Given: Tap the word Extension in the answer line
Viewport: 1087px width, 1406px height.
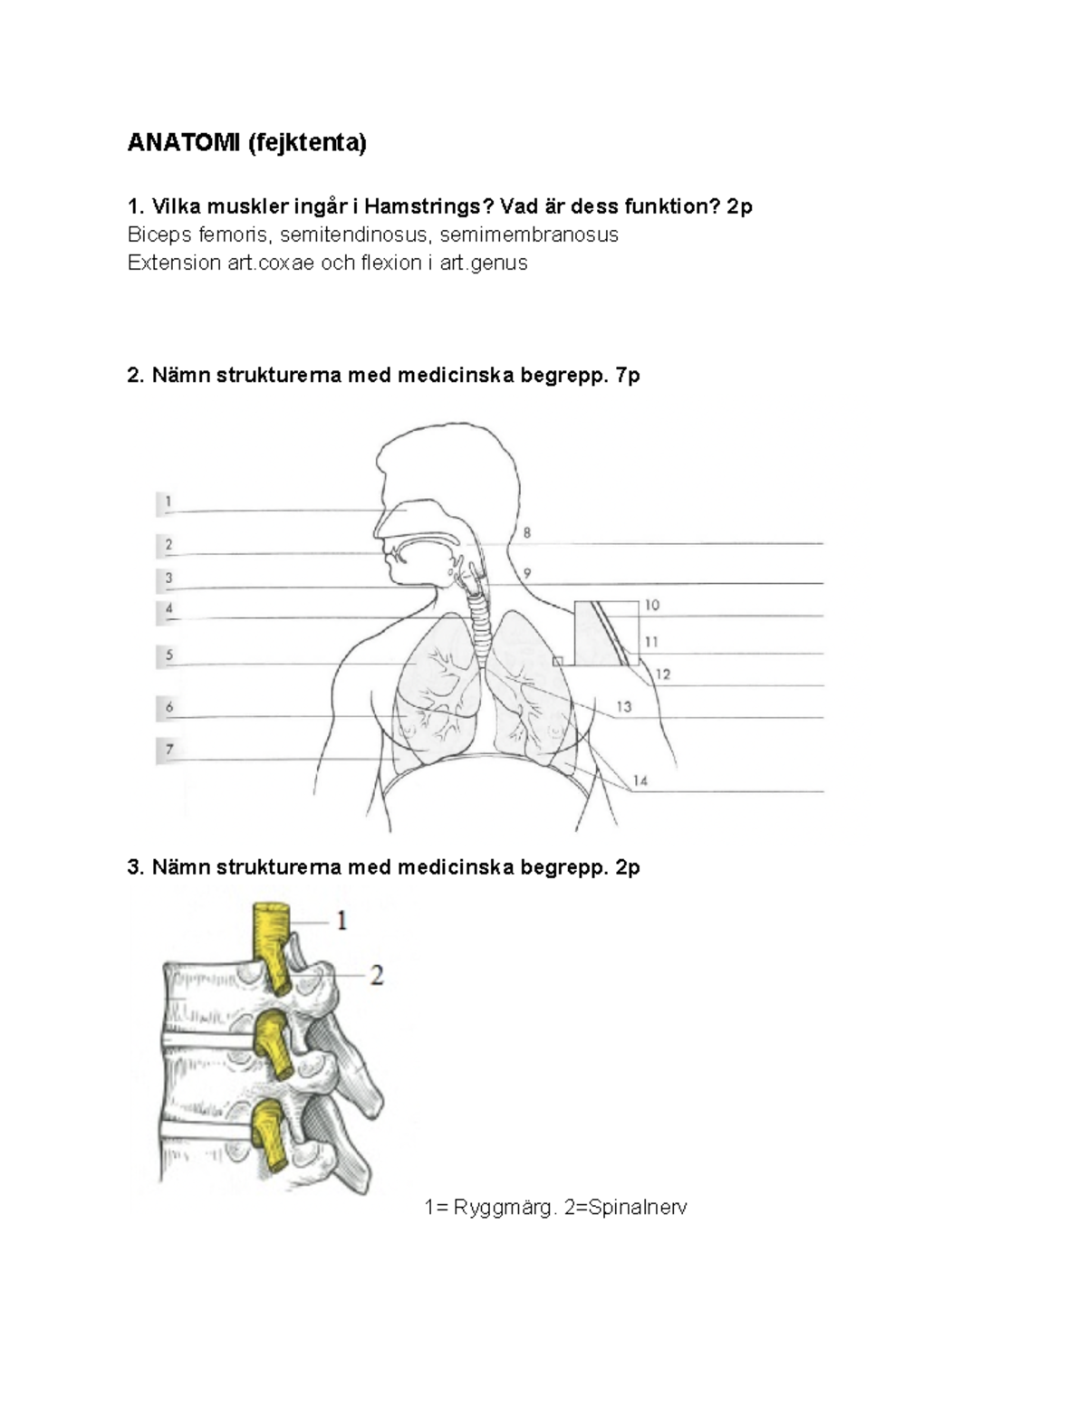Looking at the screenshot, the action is point(174,263).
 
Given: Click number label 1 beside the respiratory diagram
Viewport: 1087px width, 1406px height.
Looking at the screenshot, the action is point(168,501).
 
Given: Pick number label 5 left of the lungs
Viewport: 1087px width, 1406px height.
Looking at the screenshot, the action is point(169,655).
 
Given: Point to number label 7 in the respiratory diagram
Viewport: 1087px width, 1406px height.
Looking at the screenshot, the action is point(169,750).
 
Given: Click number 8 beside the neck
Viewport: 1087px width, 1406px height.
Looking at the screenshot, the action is point(527,532).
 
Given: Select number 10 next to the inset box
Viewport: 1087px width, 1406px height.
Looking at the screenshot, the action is point(652,605).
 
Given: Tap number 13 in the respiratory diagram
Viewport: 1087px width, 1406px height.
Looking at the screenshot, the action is point(623,706).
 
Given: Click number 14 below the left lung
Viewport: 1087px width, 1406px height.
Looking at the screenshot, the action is point(640,780).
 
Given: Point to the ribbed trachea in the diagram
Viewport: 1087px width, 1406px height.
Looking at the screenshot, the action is point(480,624).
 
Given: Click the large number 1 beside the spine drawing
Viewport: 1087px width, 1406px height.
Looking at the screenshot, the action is point(342,920).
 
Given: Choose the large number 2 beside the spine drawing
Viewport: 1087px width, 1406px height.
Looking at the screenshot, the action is point(377,975).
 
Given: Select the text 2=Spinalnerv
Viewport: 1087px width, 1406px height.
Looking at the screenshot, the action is point(625,1208).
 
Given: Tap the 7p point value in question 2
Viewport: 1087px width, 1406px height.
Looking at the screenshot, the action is point(628,376).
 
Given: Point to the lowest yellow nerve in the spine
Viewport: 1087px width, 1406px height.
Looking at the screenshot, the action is point(267,1138).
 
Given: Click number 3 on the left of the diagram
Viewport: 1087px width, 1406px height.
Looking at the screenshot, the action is point(168,578).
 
